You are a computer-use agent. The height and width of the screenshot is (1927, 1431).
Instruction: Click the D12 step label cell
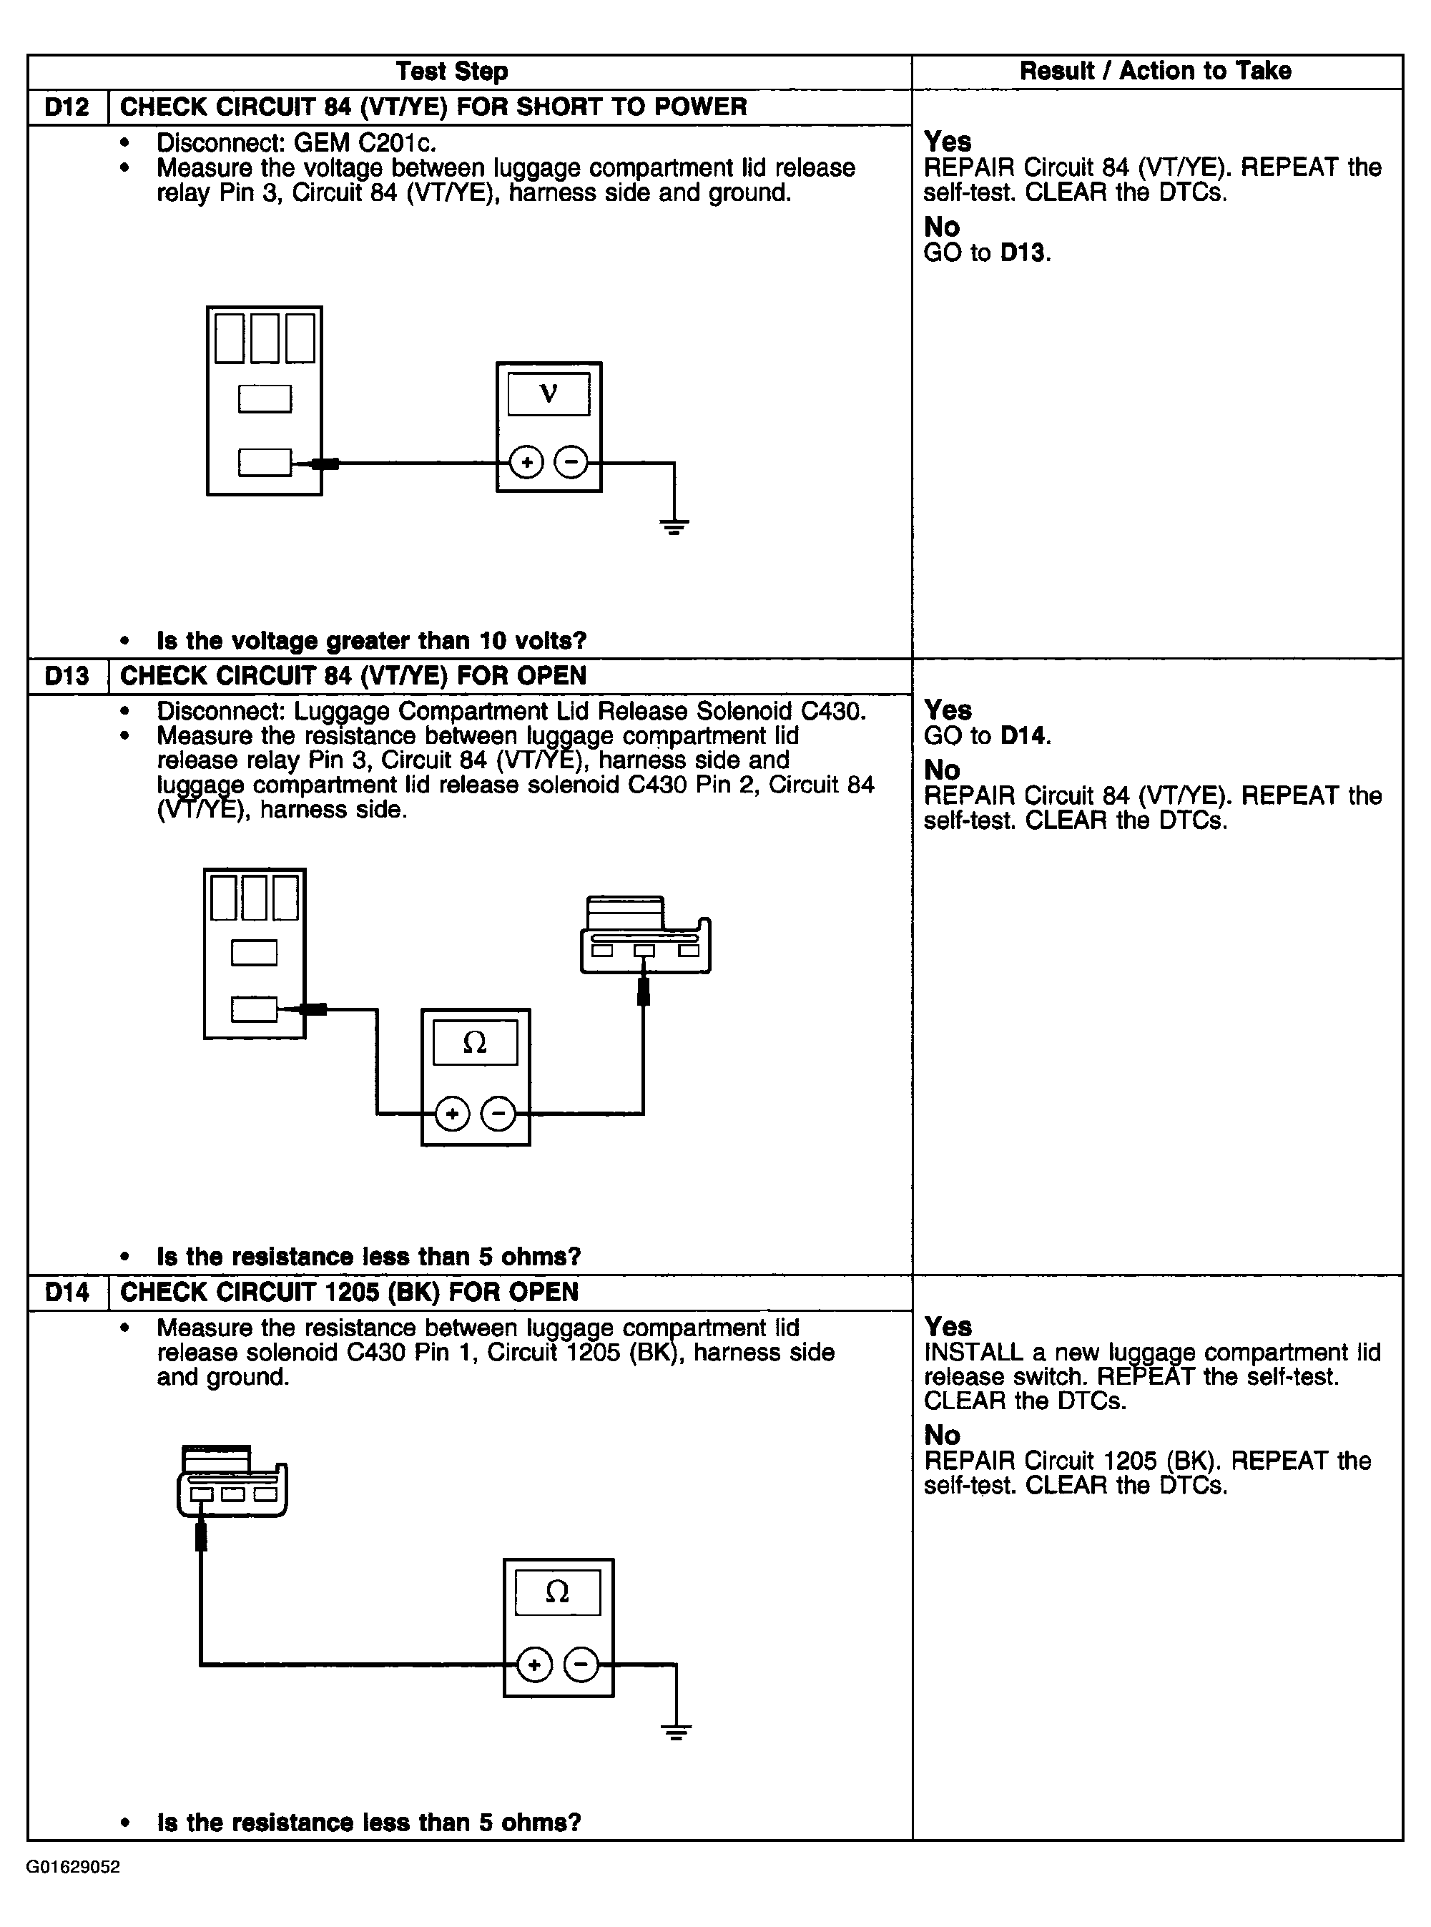(x=67, y=107)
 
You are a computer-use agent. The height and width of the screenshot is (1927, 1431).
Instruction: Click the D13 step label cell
(x=67, y=676)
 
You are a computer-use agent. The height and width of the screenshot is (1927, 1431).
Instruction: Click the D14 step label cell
(x=67, y=1293)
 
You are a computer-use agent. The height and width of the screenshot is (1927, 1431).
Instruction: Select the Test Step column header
(x=451, y=71)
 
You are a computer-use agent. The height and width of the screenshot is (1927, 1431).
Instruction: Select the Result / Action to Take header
(x=1156, y=71)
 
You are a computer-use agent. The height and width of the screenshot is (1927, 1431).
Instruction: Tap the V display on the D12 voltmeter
(x=549, y=394)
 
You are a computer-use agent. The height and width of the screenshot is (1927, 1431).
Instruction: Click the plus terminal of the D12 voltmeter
(x=526, y=463)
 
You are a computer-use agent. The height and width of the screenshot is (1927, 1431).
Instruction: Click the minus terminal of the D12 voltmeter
(x=571, y=463)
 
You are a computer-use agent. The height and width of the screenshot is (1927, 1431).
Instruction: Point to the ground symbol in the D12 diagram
(x=674, y=525)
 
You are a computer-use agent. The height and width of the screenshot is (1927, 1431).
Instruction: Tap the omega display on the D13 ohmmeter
(x=475, y=1042)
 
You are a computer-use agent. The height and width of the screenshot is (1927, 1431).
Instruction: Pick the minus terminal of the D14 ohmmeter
(x=581, y=1664)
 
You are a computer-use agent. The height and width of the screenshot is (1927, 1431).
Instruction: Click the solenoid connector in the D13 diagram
(x=645, y=936)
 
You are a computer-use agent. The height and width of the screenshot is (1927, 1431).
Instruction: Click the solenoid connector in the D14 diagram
(x=232, y=1484)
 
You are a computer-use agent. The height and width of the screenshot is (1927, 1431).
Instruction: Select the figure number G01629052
(x=74, y=1867)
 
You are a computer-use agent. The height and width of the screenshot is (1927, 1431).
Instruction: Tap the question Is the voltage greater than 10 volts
(x=370, y=641)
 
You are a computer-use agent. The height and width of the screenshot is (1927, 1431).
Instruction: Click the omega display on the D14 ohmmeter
(x=558, y=1592)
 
